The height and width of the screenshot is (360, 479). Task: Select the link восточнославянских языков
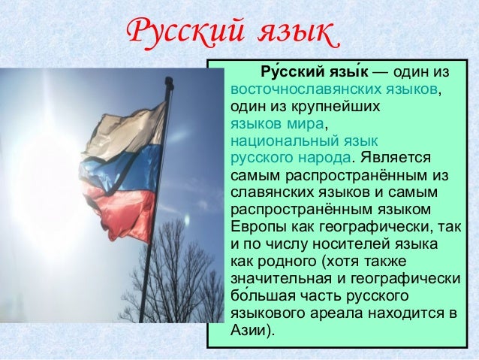(333, 90)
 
